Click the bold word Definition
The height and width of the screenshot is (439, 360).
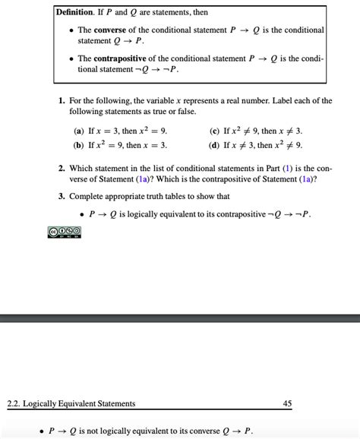[x=77, y=12]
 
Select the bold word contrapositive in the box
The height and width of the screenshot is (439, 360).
[x=125, y=58]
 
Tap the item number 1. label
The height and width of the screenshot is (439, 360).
[x=62, y=100]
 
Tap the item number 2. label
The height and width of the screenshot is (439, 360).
[x=62, y=167]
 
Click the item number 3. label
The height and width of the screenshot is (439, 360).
[x=62, y=195]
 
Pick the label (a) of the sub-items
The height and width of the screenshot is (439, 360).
[x=79, y=131]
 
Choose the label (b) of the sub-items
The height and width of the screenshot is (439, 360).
[x=79, y=144]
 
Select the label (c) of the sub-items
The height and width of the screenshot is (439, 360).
[x=215, y=131]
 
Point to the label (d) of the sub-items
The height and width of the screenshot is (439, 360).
[x=215, y=144]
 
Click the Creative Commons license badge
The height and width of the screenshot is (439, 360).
[x=63, y=231]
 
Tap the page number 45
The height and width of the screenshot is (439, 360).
[x=287, y=403]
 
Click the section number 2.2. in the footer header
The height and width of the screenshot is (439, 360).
[x=13, y=403]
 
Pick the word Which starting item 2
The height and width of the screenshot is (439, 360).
[x=83, y=167]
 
